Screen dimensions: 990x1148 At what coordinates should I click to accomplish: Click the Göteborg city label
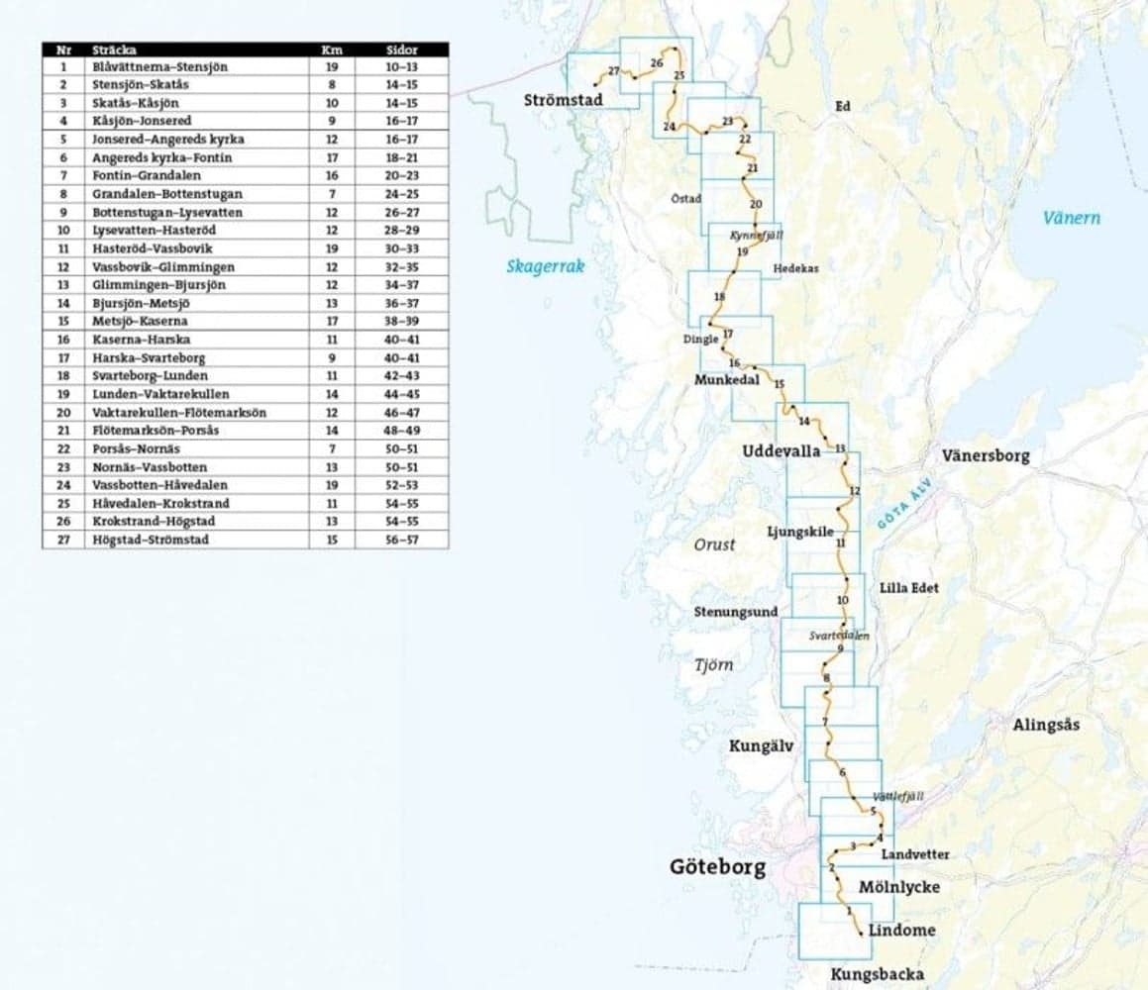pos(717,867)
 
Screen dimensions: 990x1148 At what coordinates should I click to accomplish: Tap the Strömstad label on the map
pos(563,100)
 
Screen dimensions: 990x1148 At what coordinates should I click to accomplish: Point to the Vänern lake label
pos(1071,218)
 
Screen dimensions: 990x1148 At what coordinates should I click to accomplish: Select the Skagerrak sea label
pos(546,265)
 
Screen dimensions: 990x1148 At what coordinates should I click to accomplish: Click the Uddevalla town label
pos(781,451)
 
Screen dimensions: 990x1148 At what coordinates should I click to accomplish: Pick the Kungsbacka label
pos(878,974)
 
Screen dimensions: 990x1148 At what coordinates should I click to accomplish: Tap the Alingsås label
pos(1046,725)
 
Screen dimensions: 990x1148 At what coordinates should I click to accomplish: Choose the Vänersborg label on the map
pos(986,456)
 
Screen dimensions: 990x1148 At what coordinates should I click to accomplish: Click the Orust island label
pos(714,544)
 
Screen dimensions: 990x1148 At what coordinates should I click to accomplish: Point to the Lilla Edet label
pos(908,588)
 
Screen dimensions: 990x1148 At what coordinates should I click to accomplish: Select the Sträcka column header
pos(114,49)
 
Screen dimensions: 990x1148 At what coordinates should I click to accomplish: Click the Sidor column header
pos(401,49)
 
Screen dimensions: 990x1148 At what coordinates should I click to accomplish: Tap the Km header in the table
pos(332,49)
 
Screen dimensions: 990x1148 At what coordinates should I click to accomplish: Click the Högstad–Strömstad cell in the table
pos(150,541)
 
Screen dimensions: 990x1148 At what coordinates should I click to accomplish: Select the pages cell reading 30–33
pos(401,249)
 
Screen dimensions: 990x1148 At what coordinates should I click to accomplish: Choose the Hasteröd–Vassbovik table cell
pos(152,249)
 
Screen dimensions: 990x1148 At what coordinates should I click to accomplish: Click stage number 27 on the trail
pos(614,71)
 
